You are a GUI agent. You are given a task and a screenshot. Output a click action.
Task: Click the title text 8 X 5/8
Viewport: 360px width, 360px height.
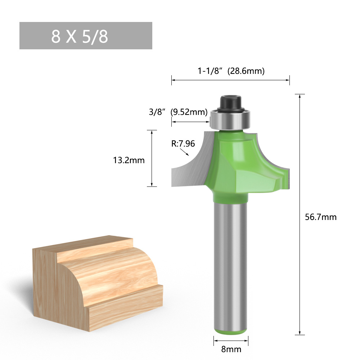(80, 36)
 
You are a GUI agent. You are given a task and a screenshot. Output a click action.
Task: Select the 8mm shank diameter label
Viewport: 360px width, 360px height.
(231, 349)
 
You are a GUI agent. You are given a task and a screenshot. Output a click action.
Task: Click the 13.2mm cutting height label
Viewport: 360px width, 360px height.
(129, 160)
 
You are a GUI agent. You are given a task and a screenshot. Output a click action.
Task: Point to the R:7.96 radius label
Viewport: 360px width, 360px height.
(183, 144)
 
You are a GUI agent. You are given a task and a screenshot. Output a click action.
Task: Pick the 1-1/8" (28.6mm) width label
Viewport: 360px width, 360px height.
(231, 71)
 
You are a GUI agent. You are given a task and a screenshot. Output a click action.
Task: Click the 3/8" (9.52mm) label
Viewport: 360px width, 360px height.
(178, 112)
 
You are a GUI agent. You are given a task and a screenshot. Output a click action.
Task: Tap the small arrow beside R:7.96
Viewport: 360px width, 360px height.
(185, 153)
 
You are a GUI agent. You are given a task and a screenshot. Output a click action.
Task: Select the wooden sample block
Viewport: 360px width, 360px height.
(97, 281)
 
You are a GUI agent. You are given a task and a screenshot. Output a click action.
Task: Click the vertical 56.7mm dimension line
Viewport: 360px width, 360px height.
(300, 216)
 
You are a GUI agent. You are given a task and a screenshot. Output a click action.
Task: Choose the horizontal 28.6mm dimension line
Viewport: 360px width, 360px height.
(230, 80)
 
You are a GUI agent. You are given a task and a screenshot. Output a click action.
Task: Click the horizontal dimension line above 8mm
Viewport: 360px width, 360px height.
(231, 339)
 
